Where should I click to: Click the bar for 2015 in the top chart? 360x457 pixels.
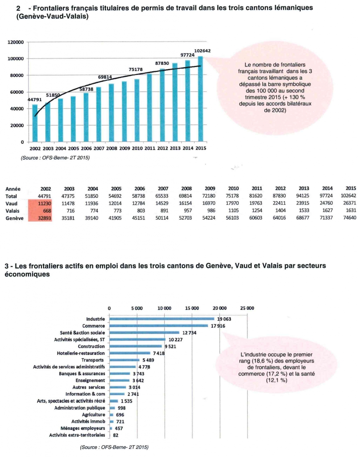coord(200,99)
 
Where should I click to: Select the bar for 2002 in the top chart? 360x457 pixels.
coord(35,123)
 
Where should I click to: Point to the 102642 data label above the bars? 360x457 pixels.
coord(203,51)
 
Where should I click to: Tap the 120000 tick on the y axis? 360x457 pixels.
coord(16,42)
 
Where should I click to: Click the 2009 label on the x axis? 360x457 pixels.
coord(124,148)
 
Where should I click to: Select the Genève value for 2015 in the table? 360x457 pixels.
coord(349,218)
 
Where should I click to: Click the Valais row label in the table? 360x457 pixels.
coord(12,211)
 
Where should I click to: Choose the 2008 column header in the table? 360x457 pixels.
coord(186,189)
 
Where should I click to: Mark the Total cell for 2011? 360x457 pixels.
coord(256,196)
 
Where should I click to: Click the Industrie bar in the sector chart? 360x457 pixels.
coord(161,319)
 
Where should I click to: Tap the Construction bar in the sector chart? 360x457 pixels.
coord(136,346)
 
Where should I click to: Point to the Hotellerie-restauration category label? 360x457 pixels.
coord(81,353)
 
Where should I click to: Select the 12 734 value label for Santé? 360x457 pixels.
coord(189,333)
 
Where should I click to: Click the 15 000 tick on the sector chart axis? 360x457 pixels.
coord(192,308)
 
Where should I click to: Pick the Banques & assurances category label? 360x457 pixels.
coord(82,374)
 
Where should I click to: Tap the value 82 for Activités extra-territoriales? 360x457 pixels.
coord(116,435)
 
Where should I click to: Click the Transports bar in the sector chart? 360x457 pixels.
coord(124,360)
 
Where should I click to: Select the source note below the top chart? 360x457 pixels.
coord(55,158)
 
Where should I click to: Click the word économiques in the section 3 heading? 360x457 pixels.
coord(27,274)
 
